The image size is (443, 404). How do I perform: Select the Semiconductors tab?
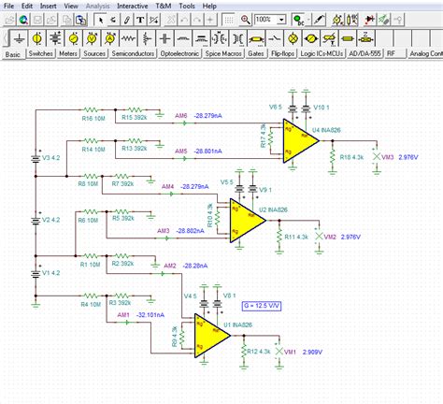[x=134, y=55]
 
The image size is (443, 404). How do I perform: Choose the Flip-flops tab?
[x=284, y=55]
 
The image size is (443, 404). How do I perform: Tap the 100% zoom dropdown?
[x=268, y=19]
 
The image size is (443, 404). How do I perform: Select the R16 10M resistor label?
[x=93, y=120]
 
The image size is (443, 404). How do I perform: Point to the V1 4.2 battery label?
[x=50, y=273]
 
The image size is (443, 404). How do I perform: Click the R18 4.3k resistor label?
[x=351, y=160]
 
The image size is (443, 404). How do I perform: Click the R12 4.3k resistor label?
[x=257, y=350]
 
